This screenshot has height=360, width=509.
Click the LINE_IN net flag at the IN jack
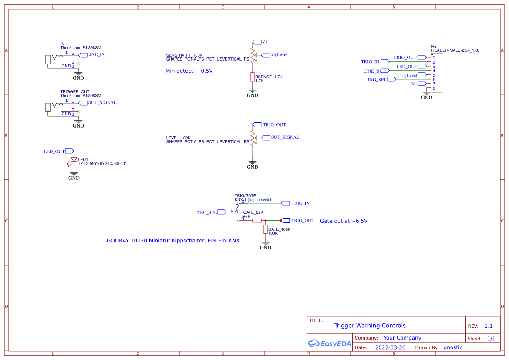(83, 55)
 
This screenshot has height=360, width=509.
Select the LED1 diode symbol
(74, 160)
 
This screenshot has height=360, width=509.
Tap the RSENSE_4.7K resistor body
(252, 77)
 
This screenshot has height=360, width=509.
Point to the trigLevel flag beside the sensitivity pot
(266, 55)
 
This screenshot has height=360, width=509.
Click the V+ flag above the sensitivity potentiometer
(256, 42)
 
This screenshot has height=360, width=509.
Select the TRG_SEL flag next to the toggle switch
(221, 212)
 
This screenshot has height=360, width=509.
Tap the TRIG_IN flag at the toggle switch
(286, 203)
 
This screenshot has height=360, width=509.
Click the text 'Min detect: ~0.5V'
(189, 71)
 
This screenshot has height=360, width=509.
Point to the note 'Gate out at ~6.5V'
(344, 221)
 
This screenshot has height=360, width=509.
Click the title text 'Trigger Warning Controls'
(370, 326)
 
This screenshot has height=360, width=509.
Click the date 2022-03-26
(390, 347)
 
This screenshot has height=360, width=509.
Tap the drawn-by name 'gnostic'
(452, 347)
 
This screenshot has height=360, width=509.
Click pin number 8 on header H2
(434, 88)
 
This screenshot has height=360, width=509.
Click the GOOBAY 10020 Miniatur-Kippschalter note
(175, 240)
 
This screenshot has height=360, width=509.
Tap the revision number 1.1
(489, 326)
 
